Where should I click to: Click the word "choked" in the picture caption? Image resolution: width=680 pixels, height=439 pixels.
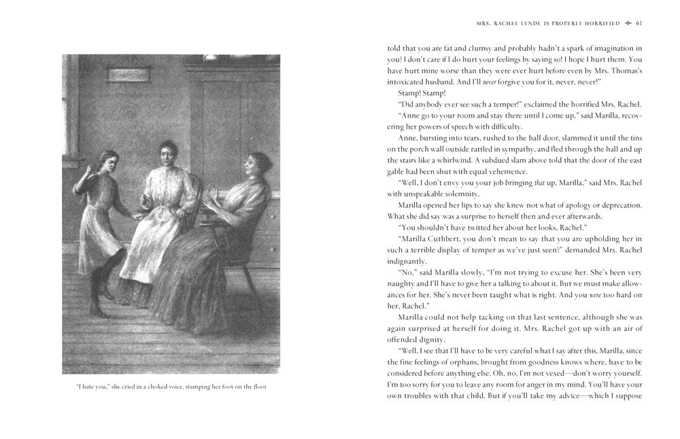pyautogui.click(x=158, y=387)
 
